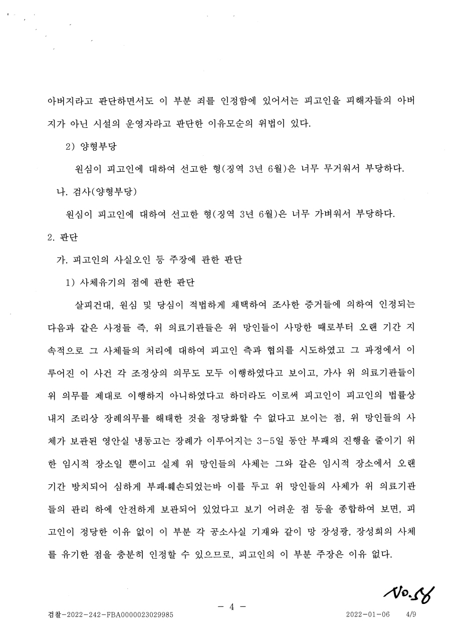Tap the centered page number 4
[232, 607]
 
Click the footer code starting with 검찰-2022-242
[110, 614]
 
